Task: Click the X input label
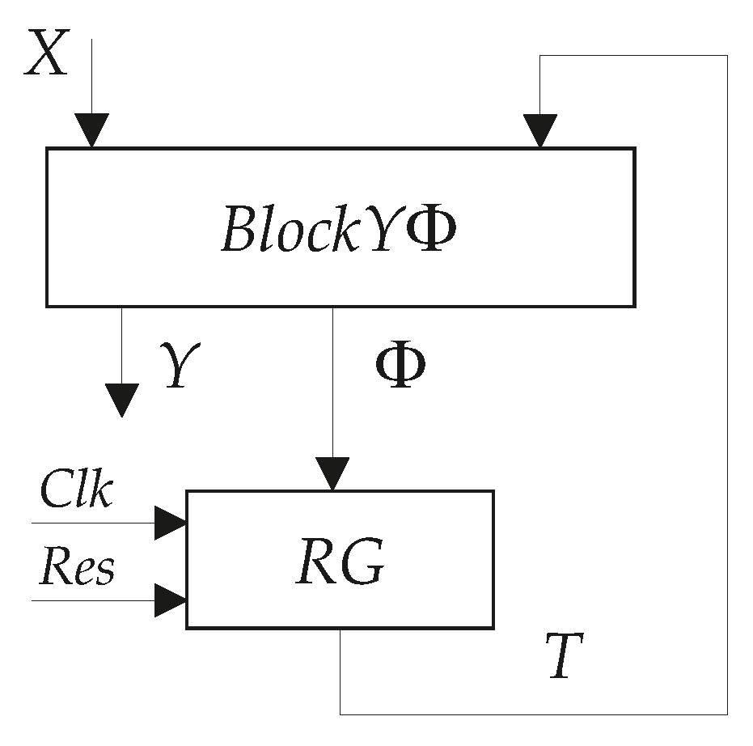pyautogui.click(x=46, y=56)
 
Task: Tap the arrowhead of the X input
pyautogui.click(x=91, y=131)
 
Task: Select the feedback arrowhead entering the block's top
pyautogui.click(x=539, y=131)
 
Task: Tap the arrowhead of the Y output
pyautogui.click(x=121, y=401)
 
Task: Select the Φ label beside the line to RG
pyautogui.click(x=400, y=368)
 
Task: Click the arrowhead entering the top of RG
pyautogui.click(x=332, y=474)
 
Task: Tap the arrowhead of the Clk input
pyautogui.click(x=171, y=523)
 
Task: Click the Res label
pyautogui.click(x=78, y=567)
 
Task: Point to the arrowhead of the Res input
pyautogui.click(x=171, y=601)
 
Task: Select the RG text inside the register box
pyautogui.click(x=339, y=561)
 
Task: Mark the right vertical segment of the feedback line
pyautogui.click(x=727, y=388)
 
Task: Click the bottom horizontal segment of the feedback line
pyautogui.click(x=534, y=714)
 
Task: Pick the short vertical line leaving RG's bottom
pyautogui.click(x=340, y=672)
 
